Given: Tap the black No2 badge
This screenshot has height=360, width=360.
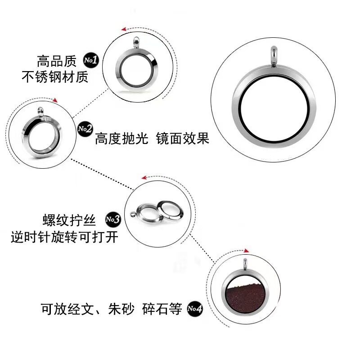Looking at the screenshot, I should pyautogui.click(x=84, y=129).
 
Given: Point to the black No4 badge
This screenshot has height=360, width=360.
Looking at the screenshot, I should pyautogui.click(x=194, y=309).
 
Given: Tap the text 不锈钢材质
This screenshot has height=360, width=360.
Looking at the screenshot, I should pyautogui.click(x=55, y=77).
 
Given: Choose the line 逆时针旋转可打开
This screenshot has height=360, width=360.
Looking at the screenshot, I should pyautogui.click(x=64, y=237).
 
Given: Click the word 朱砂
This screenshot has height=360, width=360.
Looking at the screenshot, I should pyautogui.click(x=121, y=310).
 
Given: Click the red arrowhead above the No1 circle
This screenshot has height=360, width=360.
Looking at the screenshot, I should pyautogui.click(x=123, y=28).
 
